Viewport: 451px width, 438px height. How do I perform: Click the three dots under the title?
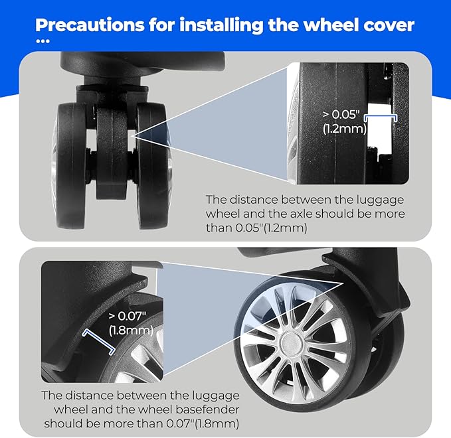(43, 41)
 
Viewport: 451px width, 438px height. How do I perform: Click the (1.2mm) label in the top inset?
(345, 129)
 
